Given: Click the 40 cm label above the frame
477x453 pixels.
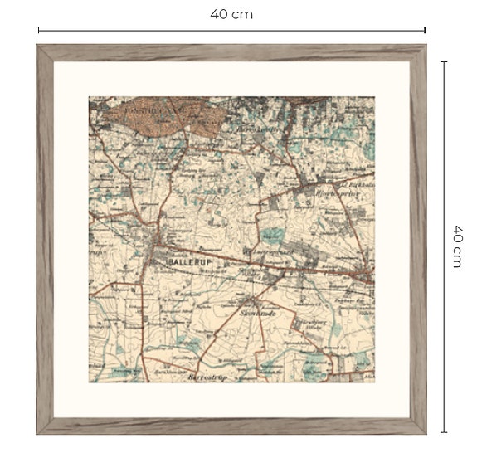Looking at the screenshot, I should (231, 14).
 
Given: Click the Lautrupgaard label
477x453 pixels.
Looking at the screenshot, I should (267, 251).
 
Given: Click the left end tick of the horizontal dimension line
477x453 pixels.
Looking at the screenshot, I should (38, 32).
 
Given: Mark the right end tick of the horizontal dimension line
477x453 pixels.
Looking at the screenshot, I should (426, 32).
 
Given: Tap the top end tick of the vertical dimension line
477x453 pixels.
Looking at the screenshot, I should (445, 61).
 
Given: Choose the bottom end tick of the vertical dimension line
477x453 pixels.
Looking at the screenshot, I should (445, 432).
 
